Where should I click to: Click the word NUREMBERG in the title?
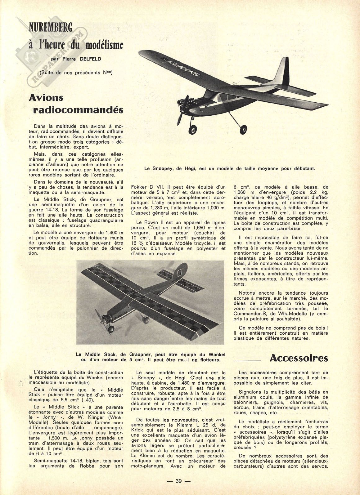50,29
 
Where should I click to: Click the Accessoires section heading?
299,358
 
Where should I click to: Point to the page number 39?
178,481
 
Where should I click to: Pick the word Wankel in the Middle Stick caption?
215,354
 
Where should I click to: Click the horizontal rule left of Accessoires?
247,361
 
